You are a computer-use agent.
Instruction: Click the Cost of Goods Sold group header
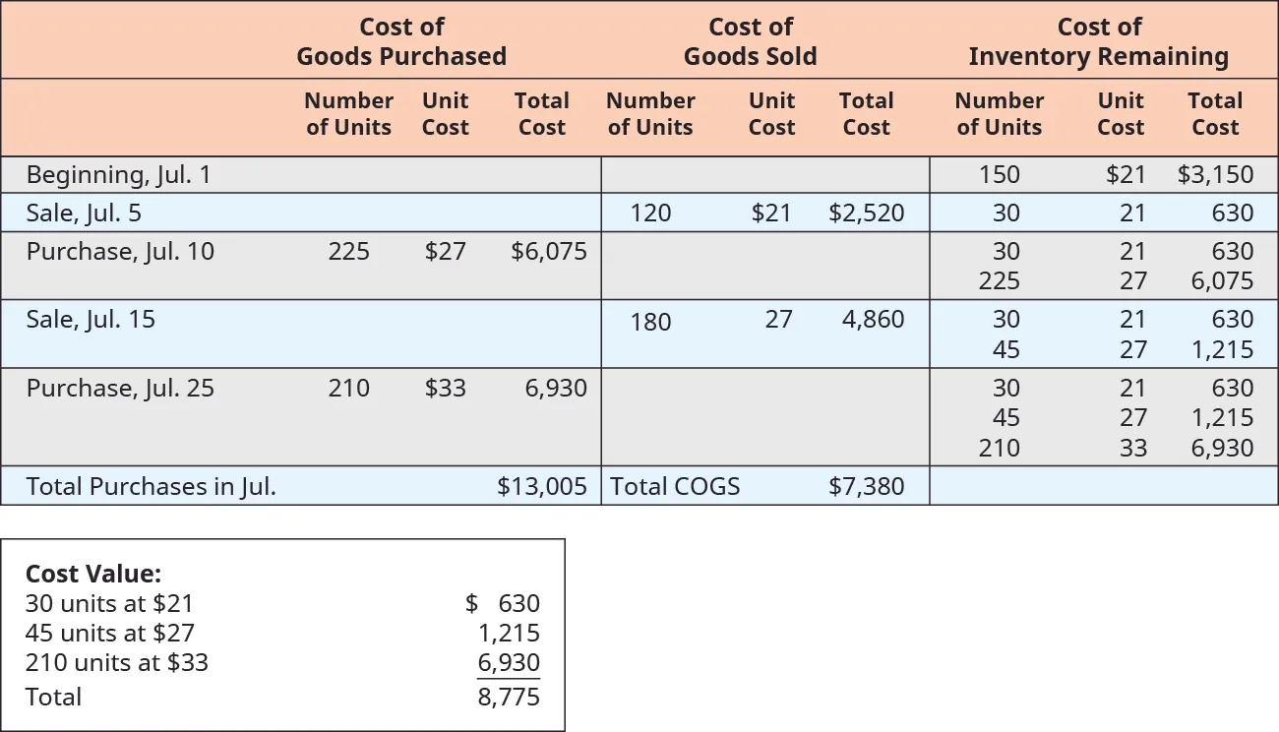click(750, 41)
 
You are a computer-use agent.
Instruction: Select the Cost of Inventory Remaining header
click(1098, 41)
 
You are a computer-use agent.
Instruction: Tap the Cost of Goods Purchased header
click(401, 41)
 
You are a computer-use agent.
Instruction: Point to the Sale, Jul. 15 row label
click(91, 319)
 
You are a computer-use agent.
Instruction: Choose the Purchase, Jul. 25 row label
click(120, 388)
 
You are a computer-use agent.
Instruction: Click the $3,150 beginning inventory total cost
click(1215, 175)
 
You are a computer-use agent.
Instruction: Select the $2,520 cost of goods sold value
click(866, 213)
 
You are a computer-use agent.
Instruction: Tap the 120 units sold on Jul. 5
click(650, 213)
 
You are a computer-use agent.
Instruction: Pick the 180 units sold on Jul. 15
click(650, 321)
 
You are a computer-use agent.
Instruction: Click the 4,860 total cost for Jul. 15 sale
click(873, 319)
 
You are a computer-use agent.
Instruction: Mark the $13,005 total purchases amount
click(542, 486)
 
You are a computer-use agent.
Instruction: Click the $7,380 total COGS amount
click(866, 486)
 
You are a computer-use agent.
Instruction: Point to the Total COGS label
click(675, 486)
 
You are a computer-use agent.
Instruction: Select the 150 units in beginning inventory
click(999, 175)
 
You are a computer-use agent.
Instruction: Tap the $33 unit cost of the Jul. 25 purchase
click(445, 388)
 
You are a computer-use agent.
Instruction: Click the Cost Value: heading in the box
click(93, 574)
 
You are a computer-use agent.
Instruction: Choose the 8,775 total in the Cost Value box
click(509, 697)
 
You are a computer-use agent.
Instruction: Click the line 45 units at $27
click(110, 633)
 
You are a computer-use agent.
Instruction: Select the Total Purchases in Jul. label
click(151, 486)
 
